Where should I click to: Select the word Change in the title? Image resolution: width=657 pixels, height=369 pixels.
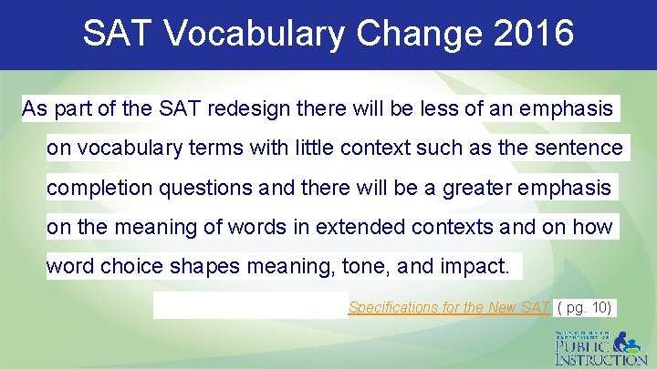pyautogui.click(x=408, y=34)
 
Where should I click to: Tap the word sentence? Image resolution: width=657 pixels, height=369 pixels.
pyautogui.click(x=583, y=149)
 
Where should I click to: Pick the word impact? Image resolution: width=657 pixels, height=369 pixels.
pyautogui.click(x=478, y=266)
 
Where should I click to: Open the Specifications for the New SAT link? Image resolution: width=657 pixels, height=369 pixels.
pyautogui.click(x=449, y=307)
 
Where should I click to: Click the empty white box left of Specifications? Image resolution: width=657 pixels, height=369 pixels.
pyautogui.click(x=250, y=305)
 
